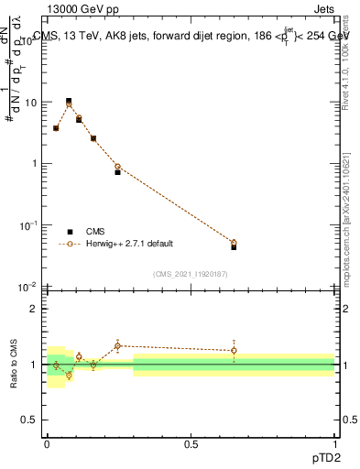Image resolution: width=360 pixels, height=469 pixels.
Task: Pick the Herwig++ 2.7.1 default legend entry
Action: [x=128, y=245]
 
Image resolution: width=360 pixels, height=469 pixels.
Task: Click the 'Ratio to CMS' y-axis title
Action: [x=12, y=365]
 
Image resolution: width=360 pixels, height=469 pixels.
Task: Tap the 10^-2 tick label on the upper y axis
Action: [x=26, y=287]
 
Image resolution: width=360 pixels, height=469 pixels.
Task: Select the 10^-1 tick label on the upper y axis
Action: [x=26, y=225]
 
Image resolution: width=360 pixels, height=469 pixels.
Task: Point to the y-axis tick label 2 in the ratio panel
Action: [x=33, y=309]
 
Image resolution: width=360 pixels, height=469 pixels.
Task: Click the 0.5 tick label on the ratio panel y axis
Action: [x=29, y=420]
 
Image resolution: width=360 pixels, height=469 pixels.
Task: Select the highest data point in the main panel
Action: [x=69, y=102]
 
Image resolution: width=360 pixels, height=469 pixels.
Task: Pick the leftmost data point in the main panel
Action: [x=56, y=128]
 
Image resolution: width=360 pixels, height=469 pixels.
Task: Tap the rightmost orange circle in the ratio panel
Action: [x=234, y=350]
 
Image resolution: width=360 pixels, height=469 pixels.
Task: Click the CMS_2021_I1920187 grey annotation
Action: [x=191, y=274]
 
